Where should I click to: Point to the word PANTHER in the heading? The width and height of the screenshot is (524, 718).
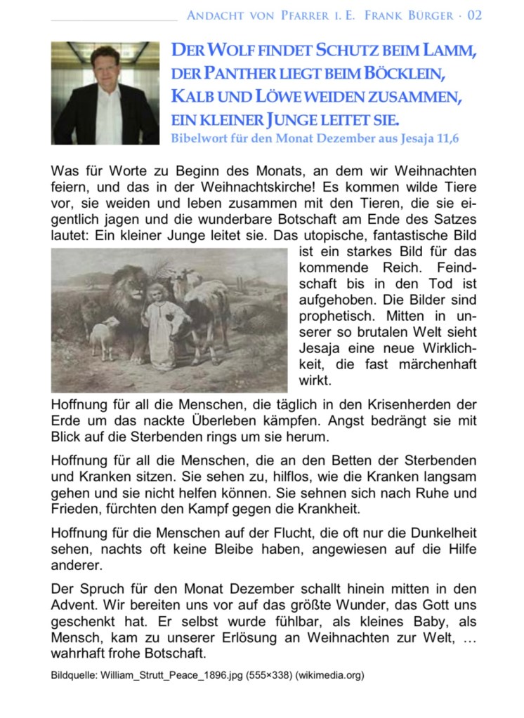[242, 74]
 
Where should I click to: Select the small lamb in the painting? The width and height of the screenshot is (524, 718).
[104, 335]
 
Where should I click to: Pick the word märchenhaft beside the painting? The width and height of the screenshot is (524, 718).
[436, 364]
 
